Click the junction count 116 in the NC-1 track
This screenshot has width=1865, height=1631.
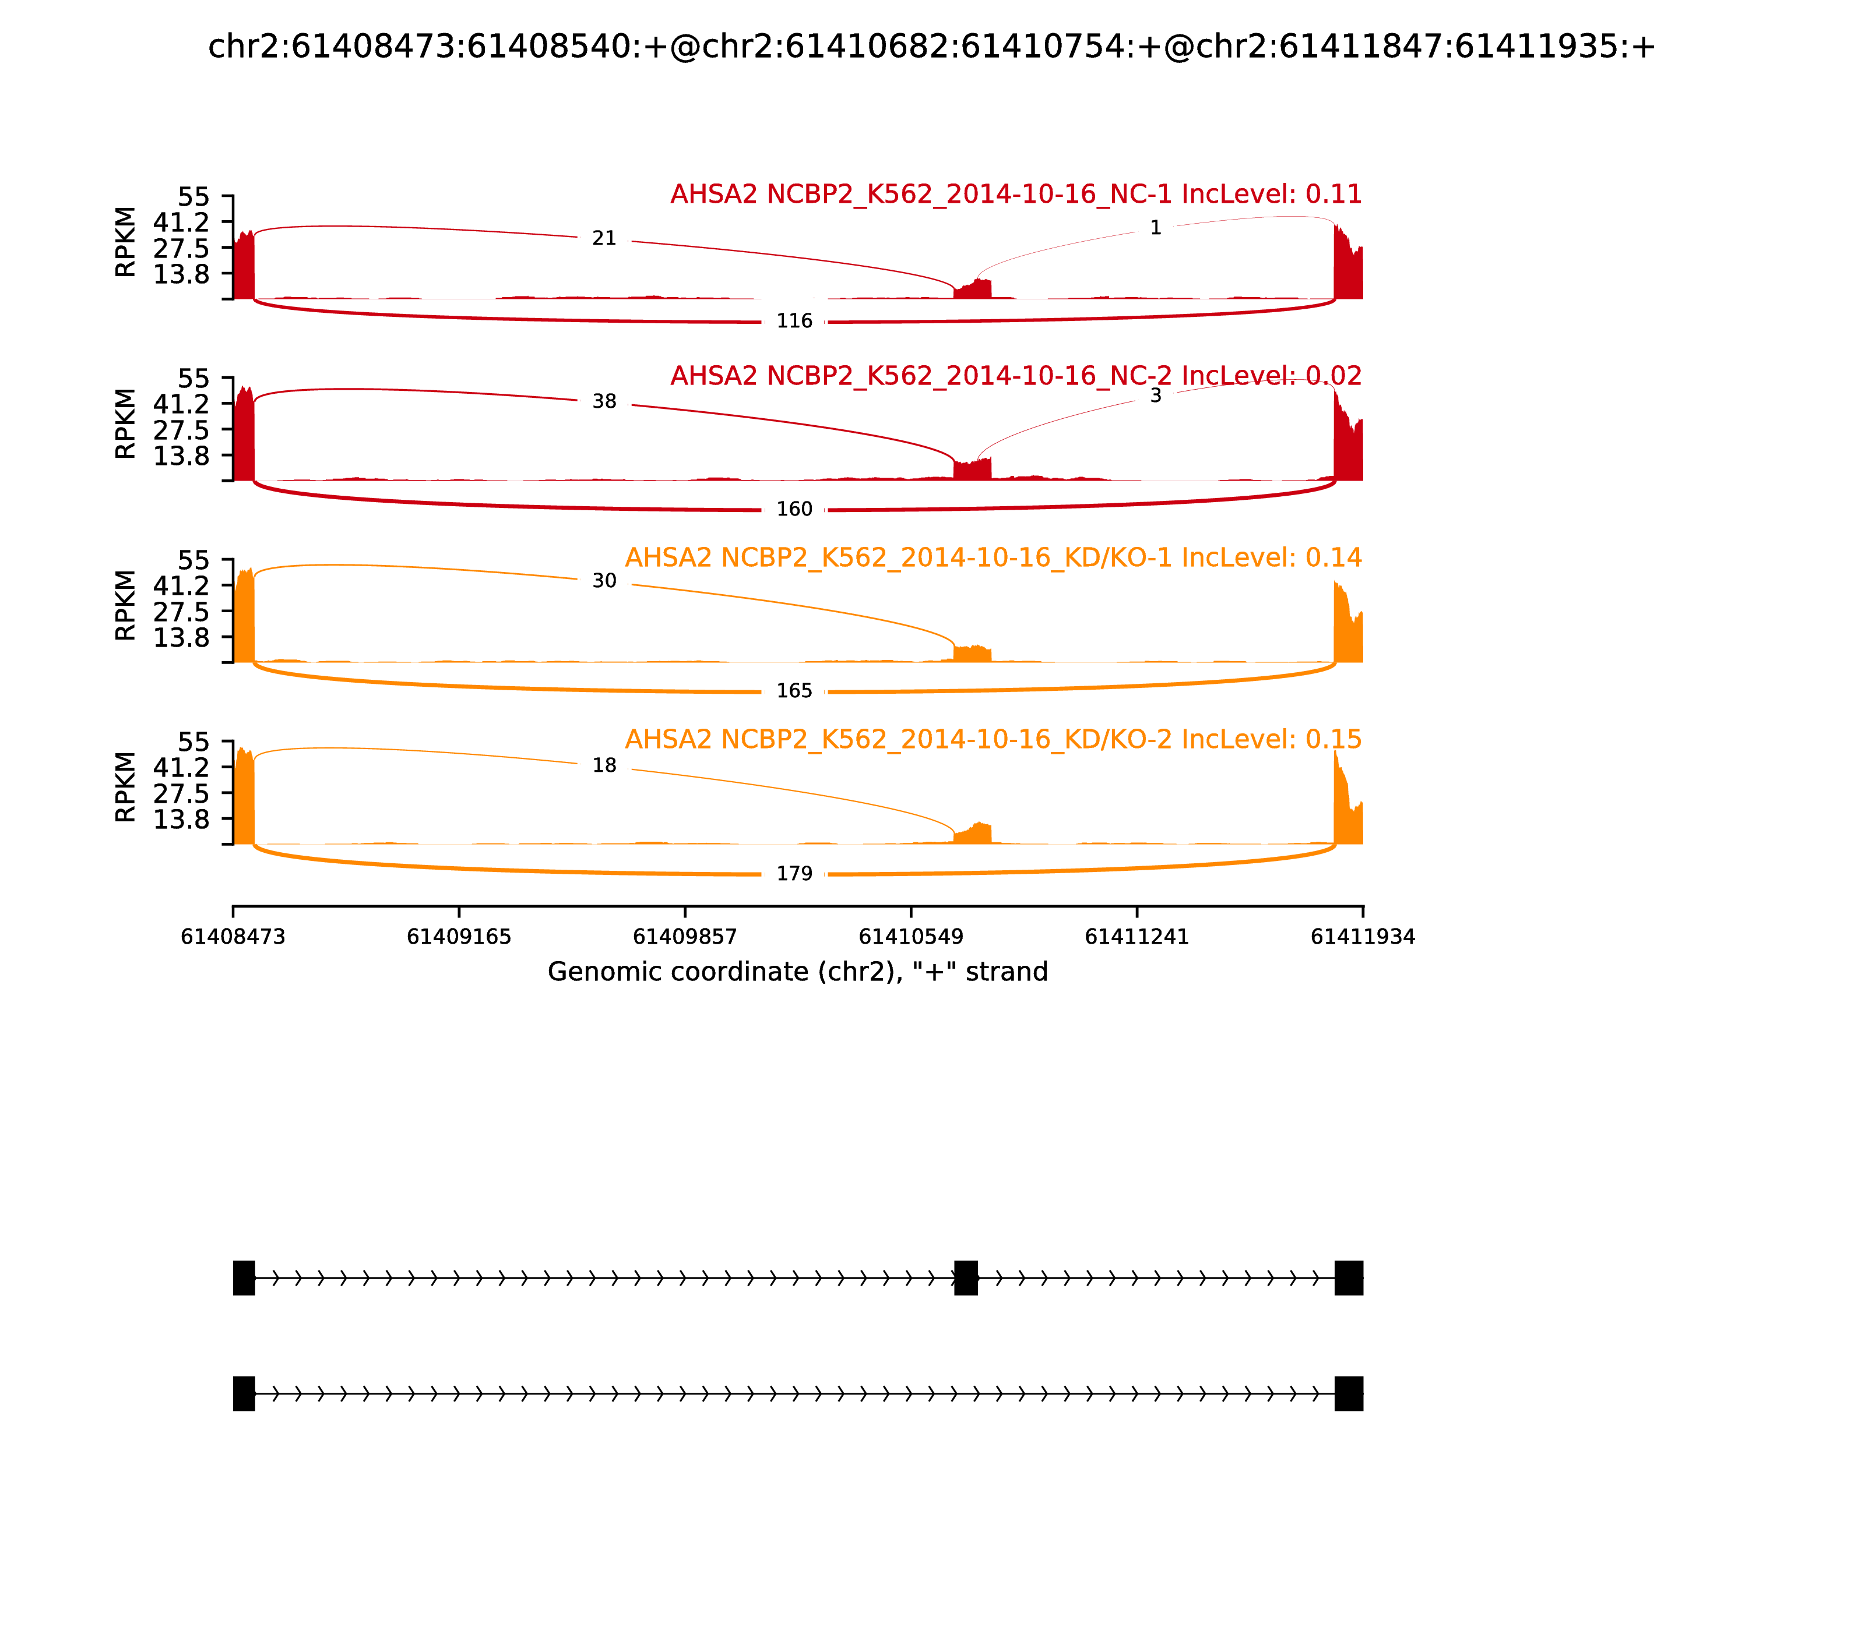point(794,322)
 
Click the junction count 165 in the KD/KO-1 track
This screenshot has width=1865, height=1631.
point(794,691)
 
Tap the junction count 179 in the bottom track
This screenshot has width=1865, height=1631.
point(794,874)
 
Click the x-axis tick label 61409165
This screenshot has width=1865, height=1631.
point(459,937)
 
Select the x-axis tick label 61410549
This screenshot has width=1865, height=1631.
point(910,937)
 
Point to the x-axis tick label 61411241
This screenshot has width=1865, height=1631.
point(1136,937)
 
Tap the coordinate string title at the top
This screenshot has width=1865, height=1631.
point(931,47)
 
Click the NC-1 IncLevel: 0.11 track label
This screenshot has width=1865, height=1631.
point(1015,194)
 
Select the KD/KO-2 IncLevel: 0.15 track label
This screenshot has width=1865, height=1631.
point(993,739)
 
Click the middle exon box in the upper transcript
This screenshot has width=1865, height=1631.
point(965,1278)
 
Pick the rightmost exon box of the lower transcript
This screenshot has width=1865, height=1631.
point(1349,1393)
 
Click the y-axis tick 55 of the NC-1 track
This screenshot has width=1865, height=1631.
point(193,197)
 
